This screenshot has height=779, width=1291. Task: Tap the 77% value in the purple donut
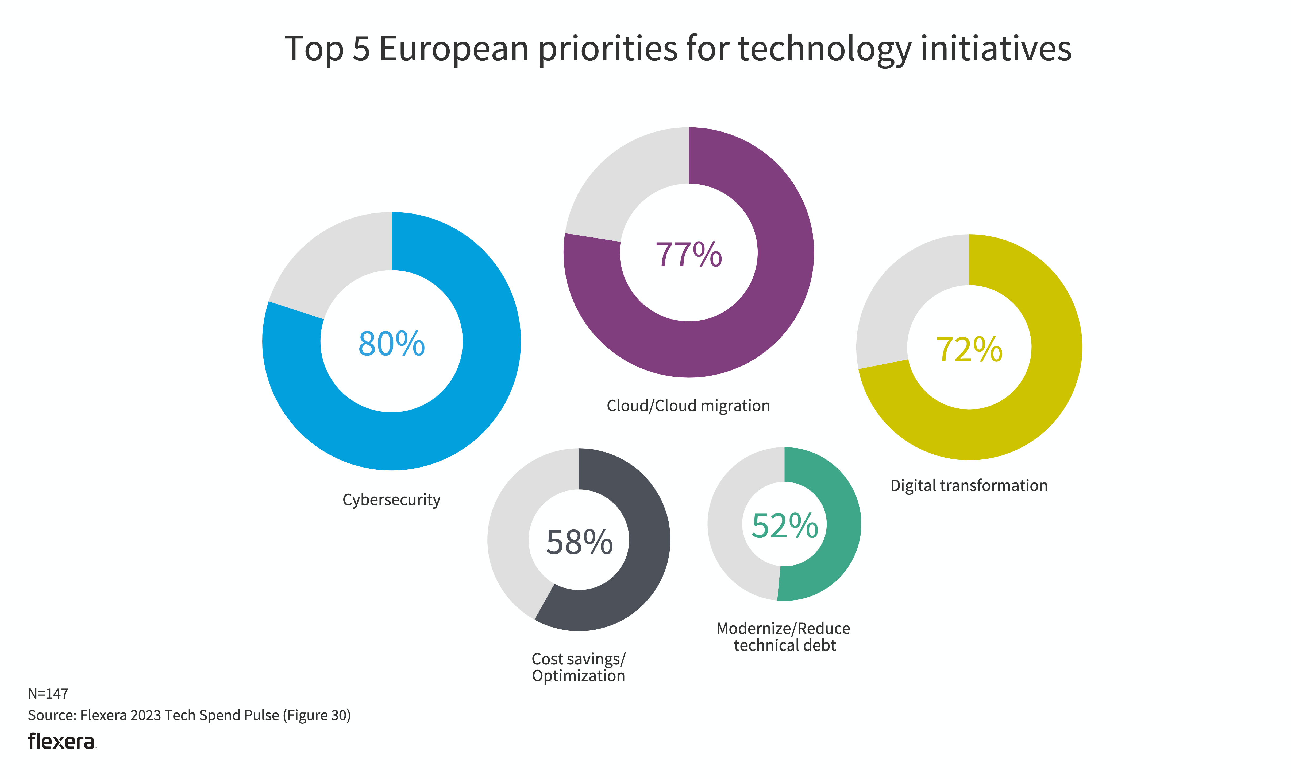coord(688,255)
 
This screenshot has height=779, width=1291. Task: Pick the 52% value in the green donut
coord(784,526)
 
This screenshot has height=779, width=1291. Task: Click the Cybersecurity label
coord(391,500)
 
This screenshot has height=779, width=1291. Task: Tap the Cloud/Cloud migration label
coord(688,406)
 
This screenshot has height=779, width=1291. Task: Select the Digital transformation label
coord(969,486)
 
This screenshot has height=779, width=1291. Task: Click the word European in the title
coord(454,49)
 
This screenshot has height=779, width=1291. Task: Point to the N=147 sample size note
coord(48,694)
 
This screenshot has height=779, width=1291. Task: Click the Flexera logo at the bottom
coord(62,741)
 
